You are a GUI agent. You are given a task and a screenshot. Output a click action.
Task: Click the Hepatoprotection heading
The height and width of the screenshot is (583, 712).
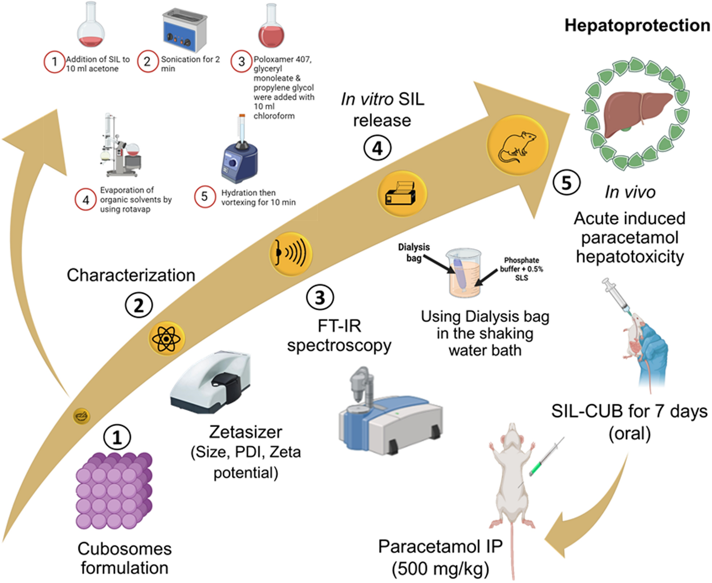click(637, 26)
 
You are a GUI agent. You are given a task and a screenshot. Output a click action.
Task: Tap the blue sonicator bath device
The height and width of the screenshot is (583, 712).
click(184, 31)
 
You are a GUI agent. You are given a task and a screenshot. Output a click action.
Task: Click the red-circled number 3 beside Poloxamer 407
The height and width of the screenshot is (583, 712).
click(241, 61)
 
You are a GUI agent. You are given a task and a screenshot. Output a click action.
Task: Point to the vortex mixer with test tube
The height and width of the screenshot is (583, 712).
click(240, 156)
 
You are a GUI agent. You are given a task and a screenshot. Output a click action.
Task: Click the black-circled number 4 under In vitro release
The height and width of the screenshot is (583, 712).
click(377, 148)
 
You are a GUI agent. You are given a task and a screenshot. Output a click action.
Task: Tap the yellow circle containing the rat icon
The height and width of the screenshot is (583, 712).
click(517, 146)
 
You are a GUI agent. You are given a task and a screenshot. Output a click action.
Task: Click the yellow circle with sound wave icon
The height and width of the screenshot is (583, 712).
click(291, 253)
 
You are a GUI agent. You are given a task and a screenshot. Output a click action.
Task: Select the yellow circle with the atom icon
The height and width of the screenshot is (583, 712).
click(166, 339)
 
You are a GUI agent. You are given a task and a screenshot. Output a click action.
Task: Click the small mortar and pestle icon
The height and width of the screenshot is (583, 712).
click(81, 416)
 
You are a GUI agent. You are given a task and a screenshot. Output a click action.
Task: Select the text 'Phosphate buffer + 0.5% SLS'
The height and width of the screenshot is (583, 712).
click(521, 269)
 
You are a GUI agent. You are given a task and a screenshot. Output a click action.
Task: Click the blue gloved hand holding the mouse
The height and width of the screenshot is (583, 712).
click(652, 352)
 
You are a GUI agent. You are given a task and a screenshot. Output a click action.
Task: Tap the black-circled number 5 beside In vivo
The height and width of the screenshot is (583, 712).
click(566, 183)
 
